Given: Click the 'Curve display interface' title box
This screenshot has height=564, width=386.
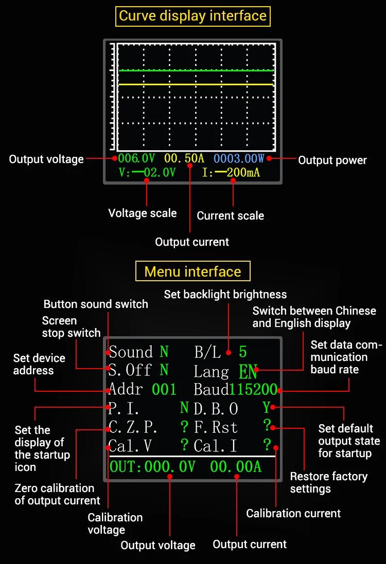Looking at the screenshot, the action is click(x=192, y=16).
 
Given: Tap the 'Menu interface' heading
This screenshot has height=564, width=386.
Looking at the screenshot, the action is click(x=192, y=271).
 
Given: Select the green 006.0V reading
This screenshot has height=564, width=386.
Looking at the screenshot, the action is click(x=136, y=158).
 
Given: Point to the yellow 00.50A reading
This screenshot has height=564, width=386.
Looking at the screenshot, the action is click(x=184, y=158).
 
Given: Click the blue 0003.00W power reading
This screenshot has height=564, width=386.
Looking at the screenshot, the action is click(x=239, y=158).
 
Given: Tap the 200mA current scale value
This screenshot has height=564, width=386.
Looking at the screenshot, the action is click(x=243, y=173).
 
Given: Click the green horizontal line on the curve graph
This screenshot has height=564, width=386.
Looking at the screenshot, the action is click(x=196, y=70).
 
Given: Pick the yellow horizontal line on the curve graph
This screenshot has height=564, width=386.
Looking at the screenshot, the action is click(x=196, y=84).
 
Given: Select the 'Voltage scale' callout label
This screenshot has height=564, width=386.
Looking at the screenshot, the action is click(x=143, y=213).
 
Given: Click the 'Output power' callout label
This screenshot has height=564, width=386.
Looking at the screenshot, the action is click(x=332, y=160).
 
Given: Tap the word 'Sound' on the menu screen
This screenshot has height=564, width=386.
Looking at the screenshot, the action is click(x=131, y=352).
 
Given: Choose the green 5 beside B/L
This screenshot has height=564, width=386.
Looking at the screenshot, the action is click(x=243, y=352).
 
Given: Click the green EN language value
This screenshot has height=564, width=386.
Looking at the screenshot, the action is click(x=248, y=372).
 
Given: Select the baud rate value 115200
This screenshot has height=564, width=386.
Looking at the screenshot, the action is click(x=254, y=390).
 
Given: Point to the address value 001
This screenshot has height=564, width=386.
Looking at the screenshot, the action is click(x=164, y=390).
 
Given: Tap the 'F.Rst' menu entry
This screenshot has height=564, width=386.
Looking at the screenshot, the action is click(x=216, y=427).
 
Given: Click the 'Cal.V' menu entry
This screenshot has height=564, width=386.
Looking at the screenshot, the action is click(x=130, y=446).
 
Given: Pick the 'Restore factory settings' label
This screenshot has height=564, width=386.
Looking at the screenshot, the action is click(x=329, y=483).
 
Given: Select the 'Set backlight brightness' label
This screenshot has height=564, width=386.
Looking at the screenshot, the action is click(x=225, y=295).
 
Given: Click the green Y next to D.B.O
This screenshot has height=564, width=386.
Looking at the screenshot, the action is click(x=267, y=408).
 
